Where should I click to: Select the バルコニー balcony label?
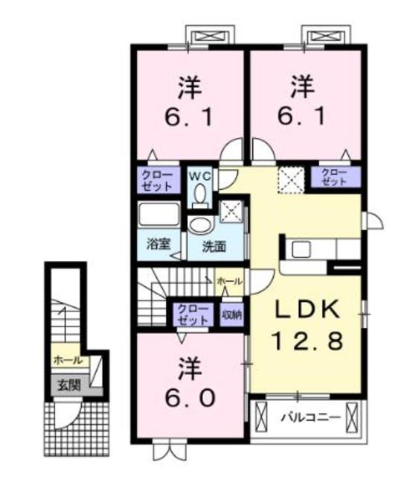pyautogui.click(x=310, y=417)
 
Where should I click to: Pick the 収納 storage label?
pyautogui.click(x=231, y=313)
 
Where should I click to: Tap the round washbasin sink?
pyautogui.click(x=199, y=225)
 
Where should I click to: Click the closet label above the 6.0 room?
pyautogui.click(x=191, y=313)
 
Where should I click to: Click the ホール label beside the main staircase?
pyautogui.click(x=229, y=281)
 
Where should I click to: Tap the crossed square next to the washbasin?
pyautogui.click(x=232, y=212)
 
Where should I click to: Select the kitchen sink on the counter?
pyautogui.click(x=302, y=248)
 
